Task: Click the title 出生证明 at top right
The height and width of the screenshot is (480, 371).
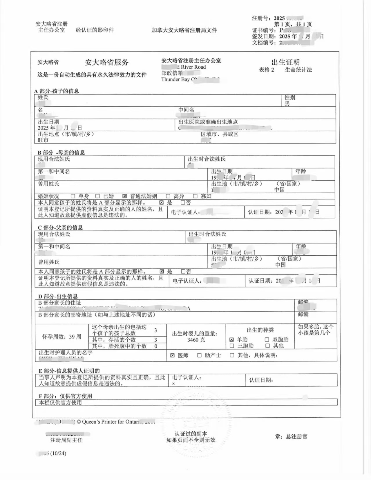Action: point(285,62)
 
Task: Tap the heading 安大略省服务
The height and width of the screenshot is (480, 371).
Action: point(106,62)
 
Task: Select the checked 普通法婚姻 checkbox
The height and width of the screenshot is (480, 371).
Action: point(124,196)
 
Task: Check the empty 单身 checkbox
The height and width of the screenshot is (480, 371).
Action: point(73,196)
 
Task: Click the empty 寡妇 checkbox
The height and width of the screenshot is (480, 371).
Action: point(195,196)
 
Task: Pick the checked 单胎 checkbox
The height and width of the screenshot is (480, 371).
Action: point(231,340)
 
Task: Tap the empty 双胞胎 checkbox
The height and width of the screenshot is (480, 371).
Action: point(267,340)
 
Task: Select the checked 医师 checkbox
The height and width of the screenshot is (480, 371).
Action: point(172,355)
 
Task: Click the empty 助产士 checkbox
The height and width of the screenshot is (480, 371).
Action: point(199,355)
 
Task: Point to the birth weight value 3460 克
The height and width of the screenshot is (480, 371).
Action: point(196,340)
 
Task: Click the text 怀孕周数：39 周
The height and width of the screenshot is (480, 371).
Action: point(62,337)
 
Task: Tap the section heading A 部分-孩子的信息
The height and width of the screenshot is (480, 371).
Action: point(57,91)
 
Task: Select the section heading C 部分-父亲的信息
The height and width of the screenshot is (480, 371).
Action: point(60,228)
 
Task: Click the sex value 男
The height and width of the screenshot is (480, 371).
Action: point(287,103)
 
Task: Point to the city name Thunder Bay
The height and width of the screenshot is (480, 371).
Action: point(175,79)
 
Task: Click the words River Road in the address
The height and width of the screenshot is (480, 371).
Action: point(193,67)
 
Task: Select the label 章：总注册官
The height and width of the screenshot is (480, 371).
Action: point(291,437)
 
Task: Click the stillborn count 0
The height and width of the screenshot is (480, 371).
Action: point(156,346)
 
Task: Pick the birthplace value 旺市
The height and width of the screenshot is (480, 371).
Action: point(43,140)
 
